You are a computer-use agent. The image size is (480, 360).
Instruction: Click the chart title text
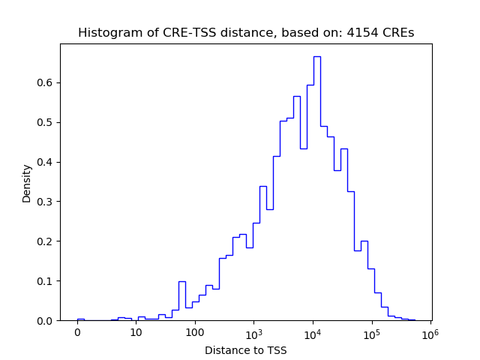(246, 33)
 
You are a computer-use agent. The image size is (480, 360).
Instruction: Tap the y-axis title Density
(27, 183)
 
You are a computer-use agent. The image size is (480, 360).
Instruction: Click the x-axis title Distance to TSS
(246, 349)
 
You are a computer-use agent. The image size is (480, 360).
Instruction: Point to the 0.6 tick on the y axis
(45, 82)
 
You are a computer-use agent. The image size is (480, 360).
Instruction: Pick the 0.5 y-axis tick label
(45, 122)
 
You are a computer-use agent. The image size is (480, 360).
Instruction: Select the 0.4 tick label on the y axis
(45, 162)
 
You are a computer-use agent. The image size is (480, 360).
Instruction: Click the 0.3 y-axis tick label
(45, 202)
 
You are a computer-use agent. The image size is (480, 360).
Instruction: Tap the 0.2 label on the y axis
(45, 241)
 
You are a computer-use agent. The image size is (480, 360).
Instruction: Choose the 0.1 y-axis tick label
(45, 281)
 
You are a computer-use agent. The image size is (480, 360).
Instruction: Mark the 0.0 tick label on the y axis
(45, 321)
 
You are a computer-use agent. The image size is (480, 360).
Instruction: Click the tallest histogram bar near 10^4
(317, 187)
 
